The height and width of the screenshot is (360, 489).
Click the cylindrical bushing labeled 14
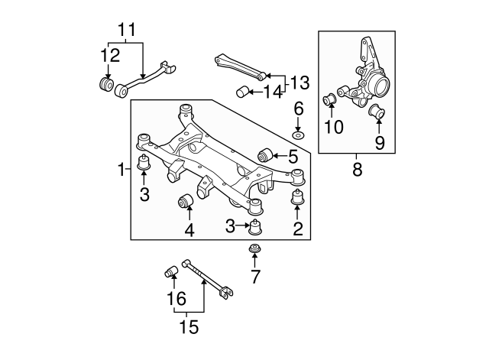[x=243, y=94]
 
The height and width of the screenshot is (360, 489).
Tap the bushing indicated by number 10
[x=332, y=99]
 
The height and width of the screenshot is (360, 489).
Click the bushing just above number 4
[x=184, y=202]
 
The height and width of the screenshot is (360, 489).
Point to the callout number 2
[x=298, y=227]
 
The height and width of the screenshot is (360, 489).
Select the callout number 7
[x=255, y=275]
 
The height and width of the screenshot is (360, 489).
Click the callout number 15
[x=188, y=327]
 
